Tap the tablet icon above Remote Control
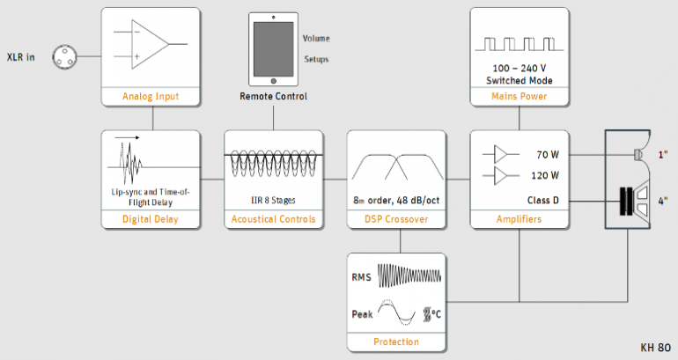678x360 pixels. pyautogui.click(x=272, y=50)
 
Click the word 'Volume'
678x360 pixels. pyautogui.click(x=318, y=40)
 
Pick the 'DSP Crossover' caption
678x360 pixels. pyautogui.click(x=395, y=219)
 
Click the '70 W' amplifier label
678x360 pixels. pyautogui.click(x=548, y=155)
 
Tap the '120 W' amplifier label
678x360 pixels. pyautogui.click(x=546, y=176)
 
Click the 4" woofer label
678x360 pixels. pyautogui.click(x=661, y=199)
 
